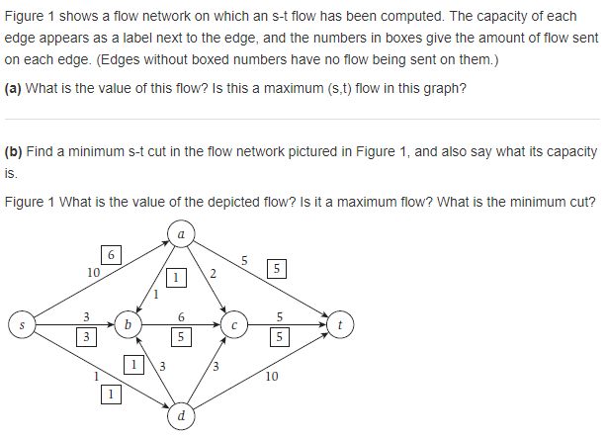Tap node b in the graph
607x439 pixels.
(x=127, y=323)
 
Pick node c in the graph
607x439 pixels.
(x=233, y=323)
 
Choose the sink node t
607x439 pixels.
(x=339, y=323)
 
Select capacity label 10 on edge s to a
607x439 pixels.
(x=93, y=272)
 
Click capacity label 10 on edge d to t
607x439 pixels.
(x=273, y=377)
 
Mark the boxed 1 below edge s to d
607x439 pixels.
(x=112, y=395)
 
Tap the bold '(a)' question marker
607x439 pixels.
(x=14, y=86)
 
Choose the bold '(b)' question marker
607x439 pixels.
(x=14, y=152)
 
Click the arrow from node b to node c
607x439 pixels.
(x=178, y=323)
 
